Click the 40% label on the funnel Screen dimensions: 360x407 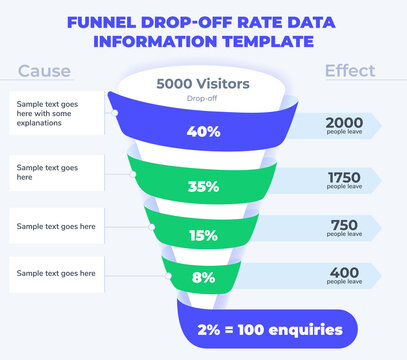click(203, 131)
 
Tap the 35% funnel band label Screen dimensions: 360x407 click(203, 185)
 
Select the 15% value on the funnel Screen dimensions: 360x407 click(203, 236)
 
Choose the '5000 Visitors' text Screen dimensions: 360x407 click(203, 85)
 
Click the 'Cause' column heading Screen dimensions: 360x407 click(44, 71)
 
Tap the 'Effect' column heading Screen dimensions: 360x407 click(350, 71)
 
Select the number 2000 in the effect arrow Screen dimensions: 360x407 click(343, 120)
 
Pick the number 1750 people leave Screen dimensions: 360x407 click(343, 176)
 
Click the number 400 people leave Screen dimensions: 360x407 click(343, 270)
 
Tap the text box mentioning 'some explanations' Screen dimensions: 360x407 click(58, 113)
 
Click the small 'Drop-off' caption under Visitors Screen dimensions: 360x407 click(203, 100)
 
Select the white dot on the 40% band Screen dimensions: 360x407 click(116, 113)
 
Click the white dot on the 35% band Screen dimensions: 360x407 click(135, 174)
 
